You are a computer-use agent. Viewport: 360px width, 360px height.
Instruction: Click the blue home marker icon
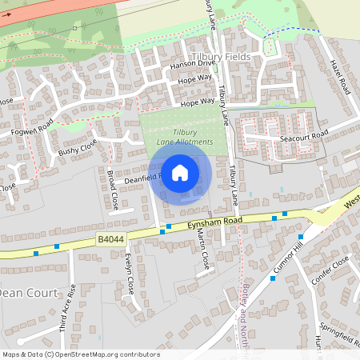(180, 172)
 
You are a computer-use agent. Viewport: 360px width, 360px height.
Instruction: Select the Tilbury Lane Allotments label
(185, 137)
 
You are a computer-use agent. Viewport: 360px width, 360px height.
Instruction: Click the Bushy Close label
(78, 147)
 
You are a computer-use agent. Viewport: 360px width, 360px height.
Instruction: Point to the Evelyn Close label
(129, 274)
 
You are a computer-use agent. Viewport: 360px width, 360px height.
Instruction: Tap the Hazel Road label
(340, 76)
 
